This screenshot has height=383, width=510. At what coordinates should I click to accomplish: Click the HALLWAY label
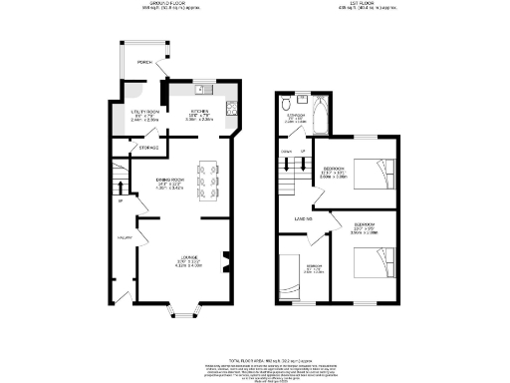click(x=127, y=237)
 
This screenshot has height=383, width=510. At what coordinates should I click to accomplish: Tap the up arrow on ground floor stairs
click(x=120, y=201)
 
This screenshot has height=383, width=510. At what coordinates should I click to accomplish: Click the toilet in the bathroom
click(x=287, y=102)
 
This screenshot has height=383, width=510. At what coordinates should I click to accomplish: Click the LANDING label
click(x=303, y=216)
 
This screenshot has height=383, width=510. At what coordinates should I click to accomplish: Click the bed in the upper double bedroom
click(x=376, y=175)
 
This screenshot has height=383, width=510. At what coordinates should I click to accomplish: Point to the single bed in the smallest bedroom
click(x=290, y=275)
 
